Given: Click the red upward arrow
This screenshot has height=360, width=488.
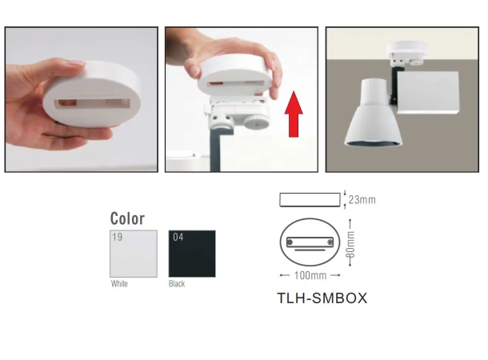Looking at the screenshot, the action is tap(294, 114).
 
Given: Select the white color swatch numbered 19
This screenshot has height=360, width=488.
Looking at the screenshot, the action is tap(134, 254).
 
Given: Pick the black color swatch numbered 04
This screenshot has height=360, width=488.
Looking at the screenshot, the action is tap(192, 254).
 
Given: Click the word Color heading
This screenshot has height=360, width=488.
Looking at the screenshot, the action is tap(127, 218).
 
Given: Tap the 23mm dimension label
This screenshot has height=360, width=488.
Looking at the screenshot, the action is tap(362, 200).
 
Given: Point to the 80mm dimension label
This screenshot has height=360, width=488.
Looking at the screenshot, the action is tap(350, 245).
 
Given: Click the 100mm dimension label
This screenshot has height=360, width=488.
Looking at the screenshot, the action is tap(310, 275).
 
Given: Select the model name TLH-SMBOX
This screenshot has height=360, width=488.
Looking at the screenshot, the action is tap(322, 298).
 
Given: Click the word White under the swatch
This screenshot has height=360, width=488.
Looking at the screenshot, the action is tap(119, 284).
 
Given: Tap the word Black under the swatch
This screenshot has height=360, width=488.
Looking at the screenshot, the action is tap(177, 284).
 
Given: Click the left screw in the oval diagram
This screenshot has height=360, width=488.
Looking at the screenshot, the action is tap(290, 242).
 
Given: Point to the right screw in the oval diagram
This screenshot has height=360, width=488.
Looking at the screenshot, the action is tap(330, 242).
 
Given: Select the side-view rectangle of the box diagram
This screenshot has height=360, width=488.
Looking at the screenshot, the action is tap(310, 200).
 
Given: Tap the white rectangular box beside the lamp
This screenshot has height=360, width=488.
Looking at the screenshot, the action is tap(428, 93).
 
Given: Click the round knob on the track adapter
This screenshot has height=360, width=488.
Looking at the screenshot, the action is tap(256, 122).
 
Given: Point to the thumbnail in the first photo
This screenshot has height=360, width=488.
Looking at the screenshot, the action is tap(76, 63).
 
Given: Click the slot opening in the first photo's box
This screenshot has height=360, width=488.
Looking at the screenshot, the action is tap(93, 104).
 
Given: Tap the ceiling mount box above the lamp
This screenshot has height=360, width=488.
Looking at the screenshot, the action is tap(407, 49).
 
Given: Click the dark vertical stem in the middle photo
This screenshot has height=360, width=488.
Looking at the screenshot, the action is tap(215, 150).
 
